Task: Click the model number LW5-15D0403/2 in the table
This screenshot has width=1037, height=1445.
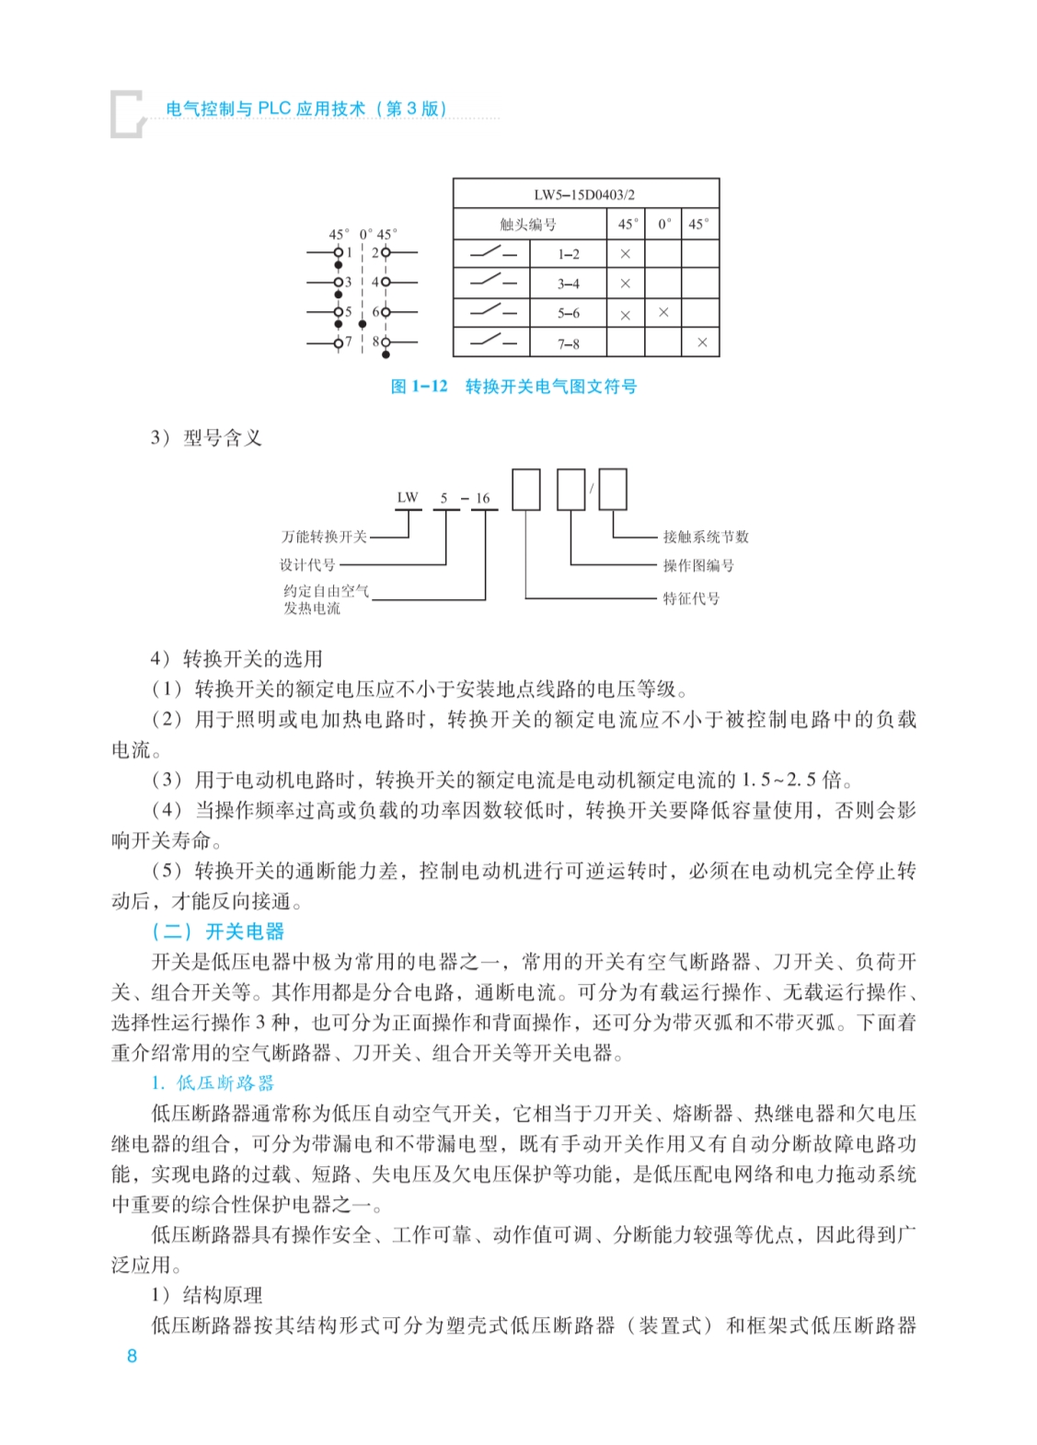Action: pos(584,195)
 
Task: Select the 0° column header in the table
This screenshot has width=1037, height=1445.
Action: pos(663,224)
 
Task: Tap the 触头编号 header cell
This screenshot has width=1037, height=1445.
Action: pos(528,225)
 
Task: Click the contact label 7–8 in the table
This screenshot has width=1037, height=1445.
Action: pos(569,344)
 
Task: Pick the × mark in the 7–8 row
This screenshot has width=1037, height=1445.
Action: pos(702,342)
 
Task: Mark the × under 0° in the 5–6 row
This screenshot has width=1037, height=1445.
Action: pos(663,313)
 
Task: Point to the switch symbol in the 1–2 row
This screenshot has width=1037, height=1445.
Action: pos(492,252)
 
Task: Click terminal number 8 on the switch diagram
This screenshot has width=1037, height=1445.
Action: pos(375,341)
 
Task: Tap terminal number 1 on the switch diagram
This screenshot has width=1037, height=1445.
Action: pos(350,251)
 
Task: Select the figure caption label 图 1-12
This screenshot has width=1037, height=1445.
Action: pos(419,387)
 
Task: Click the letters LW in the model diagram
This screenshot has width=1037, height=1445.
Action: pos(408,498)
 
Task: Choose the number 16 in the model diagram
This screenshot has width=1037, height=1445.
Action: pos(483,499)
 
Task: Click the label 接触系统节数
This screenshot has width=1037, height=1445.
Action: pos(706,537)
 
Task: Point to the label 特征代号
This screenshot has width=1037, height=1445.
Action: pos(691,598)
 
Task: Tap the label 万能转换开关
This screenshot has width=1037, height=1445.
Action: pos(324,537)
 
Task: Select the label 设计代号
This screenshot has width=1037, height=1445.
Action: pos(308,564)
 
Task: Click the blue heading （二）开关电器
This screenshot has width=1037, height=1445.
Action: pos(218,931)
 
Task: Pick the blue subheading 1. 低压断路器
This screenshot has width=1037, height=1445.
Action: pos(213,1083)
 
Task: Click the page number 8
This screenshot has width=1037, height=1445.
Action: pos(133,1355)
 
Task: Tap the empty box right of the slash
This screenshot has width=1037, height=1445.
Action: pos(613,488)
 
